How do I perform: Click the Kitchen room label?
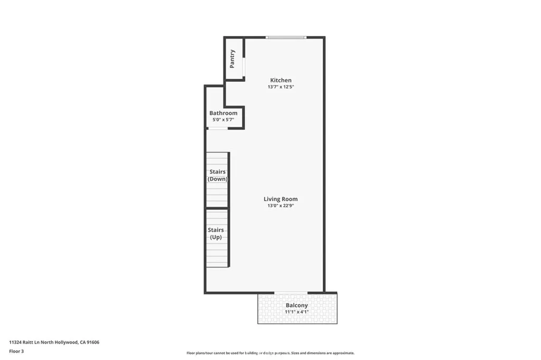click(280, 80)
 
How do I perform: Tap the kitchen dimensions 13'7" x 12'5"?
click(280, 87)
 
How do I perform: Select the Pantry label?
click(232, 59)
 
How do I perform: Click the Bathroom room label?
click(223, 113)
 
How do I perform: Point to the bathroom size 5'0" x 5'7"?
click(223, 120)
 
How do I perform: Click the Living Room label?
click(281, 199)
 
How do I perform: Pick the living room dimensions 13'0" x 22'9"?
click(281, 206)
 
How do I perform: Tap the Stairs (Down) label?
click(217, 175)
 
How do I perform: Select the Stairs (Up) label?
click(216, 233)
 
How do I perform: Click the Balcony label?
click(296, 305)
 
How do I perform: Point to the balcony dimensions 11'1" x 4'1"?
click(296, 312)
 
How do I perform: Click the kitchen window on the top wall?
click(286, 37)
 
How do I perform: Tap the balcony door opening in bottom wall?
click(291, 292)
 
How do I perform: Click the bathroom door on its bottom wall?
click(218, 128)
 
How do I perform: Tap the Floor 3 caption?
click(16, 351)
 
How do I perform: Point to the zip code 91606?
click(92, 342)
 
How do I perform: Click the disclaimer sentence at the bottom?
click(270, 353)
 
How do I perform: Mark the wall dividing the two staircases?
click(217, 209)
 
